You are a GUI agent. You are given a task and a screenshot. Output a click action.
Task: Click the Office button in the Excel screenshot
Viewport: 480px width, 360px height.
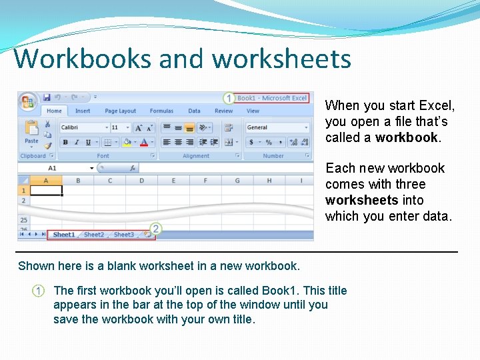[x=28, y=101]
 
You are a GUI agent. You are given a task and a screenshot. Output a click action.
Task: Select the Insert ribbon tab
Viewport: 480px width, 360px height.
[x=83, y=111]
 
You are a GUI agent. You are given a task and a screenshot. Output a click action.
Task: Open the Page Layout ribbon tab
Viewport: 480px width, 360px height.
[x=120, y=111]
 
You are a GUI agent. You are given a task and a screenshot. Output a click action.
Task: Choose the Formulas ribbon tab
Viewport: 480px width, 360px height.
[x=161, y=111]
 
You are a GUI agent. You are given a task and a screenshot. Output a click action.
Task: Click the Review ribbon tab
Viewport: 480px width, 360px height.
[x=224, y=111]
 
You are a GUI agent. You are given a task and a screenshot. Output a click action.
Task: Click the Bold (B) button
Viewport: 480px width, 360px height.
[x=65, y=142]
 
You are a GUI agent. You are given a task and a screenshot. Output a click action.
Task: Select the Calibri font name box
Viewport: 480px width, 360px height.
[x=83, y=127]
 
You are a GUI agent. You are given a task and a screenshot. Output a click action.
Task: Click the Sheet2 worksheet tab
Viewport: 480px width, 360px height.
[x=94, y=235]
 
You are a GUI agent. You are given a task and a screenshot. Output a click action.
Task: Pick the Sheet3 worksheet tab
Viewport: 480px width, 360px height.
[x=123, y=235]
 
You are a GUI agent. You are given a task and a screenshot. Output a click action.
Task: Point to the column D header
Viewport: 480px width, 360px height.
[x=141, y=181]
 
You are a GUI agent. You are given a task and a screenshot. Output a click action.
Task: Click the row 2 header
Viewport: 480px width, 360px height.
[x=23, y=200]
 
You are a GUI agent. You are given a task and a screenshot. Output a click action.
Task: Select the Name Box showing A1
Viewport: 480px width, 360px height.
[x=57, y=168]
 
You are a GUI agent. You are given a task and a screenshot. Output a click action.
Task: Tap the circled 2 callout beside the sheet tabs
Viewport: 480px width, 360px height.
[x=155, y=229]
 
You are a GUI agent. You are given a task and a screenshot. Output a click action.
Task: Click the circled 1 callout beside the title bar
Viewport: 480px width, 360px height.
[x=229, y=98]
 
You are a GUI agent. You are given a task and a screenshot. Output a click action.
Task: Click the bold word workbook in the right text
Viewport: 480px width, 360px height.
[x=407, y=138]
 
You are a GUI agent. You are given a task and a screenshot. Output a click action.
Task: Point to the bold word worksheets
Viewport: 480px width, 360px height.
[x=361, y=201]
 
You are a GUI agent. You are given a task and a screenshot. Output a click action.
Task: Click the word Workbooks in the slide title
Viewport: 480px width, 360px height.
[x=83, y=59]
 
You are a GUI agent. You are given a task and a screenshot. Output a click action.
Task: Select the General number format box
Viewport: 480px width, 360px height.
[x=277, y=127]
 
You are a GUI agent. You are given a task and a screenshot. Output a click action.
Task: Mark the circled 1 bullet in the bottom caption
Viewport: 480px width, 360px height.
[x=39, y=291]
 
